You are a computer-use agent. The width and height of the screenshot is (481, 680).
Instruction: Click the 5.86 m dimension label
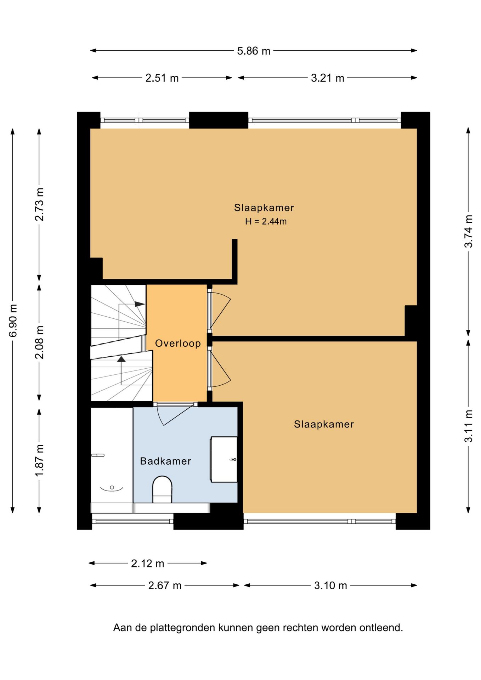coord(254,51)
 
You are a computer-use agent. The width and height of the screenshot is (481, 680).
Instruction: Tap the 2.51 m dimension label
coord(162,78)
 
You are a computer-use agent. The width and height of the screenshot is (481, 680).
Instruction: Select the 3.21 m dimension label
coord(327,78)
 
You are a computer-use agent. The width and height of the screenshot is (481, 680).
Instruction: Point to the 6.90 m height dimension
coord(13,320)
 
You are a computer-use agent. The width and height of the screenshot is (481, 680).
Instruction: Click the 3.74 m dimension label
coord(468,231)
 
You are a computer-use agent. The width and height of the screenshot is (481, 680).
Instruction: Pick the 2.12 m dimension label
coord(147,563)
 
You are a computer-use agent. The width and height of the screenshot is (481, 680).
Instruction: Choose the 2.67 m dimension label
coord(165,585)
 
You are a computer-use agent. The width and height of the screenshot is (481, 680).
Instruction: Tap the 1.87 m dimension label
coord(39,460)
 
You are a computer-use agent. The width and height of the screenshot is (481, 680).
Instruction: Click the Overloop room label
coord(178,343)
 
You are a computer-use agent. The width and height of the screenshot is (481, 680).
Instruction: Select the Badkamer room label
coord(165,461)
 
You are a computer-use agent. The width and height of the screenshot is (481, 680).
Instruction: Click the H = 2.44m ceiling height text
coord(266,221)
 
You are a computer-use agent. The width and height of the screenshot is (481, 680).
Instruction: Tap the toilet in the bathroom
coord(162,489)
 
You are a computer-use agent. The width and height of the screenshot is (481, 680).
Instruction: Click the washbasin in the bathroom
coord(224,459)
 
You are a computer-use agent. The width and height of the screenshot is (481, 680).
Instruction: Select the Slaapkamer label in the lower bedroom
coord(324,424)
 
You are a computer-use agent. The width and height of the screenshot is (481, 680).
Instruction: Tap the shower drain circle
coord(112,488)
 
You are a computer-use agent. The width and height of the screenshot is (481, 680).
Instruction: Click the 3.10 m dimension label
coord(330,585)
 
